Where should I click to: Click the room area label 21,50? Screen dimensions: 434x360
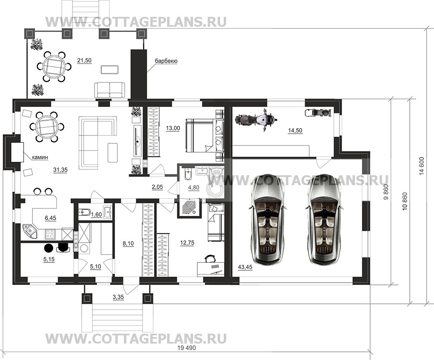84,60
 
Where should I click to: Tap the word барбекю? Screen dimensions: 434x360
166,61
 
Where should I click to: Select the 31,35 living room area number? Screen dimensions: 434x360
60,170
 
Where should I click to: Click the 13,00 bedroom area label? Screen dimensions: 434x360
173,128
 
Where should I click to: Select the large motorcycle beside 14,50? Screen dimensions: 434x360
256,119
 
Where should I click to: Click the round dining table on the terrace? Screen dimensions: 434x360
54,66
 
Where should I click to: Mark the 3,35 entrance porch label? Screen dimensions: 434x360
118,297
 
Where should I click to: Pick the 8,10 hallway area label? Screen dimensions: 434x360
128,243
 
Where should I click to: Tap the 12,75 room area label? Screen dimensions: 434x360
187,243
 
